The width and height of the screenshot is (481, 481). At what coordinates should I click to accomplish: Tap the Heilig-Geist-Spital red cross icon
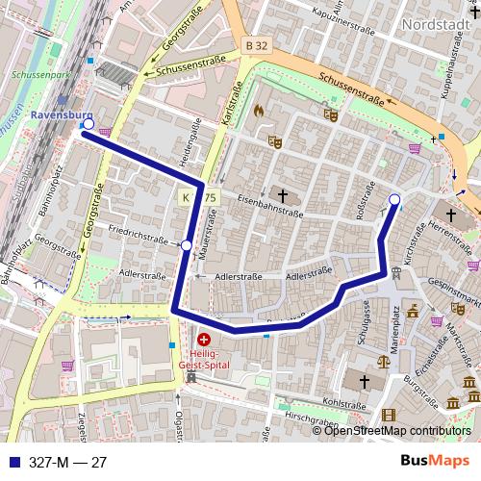204,340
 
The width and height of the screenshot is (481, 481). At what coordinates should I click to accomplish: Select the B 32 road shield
255,45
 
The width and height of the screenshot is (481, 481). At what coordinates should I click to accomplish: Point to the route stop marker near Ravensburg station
89,124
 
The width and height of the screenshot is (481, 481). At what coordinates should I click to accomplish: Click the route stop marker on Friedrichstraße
187,246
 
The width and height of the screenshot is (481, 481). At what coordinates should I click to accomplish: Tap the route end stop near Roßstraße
394,200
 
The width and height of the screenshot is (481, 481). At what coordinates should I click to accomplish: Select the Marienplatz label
394,322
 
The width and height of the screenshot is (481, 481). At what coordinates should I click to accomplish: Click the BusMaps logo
433,462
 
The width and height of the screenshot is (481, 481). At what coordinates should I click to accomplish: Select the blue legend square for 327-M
13,463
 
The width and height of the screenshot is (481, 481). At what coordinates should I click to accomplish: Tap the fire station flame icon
258,111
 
